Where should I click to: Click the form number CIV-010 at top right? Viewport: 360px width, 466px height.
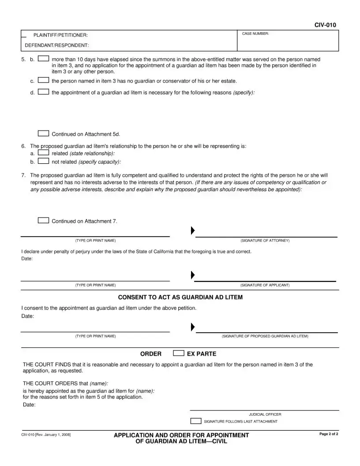(x=325, y=25)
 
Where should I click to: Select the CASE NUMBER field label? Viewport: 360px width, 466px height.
(x=255, y=34)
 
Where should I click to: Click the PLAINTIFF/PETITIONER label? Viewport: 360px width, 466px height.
(x=60, y=35)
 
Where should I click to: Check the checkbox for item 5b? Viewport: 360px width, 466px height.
(x=43, y=59)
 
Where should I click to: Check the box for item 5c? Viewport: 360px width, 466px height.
(x=43, y=80)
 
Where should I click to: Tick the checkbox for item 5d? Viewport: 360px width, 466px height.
(x=43, y=92)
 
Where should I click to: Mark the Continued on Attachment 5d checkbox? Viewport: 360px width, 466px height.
(x=43, y=133)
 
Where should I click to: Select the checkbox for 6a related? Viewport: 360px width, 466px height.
(x=43, y=153)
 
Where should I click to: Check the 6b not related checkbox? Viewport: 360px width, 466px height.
(x=43, y=161)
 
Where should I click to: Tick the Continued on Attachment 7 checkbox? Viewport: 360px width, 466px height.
(x=43, y=221)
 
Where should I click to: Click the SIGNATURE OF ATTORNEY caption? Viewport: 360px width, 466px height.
(x=265, y=241)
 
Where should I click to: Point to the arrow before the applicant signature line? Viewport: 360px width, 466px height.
(x=192, y=275)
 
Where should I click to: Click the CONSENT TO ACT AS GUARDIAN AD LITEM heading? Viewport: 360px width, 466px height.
(x=180, y=297)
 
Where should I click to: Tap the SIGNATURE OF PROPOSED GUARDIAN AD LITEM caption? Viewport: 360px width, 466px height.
(x=265, y=336)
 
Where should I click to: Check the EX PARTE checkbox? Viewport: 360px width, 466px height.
(x=178, y=353)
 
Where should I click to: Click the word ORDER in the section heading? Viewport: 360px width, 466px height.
(x=151, y=354)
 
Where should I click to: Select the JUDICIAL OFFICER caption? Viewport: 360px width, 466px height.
(x=265, y=414)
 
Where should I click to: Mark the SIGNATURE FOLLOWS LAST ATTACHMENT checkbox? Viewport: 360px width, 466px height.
(x=195, y=421)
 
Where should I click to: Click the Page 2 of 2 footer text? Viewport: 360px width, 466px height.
(x=329, y=435)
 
